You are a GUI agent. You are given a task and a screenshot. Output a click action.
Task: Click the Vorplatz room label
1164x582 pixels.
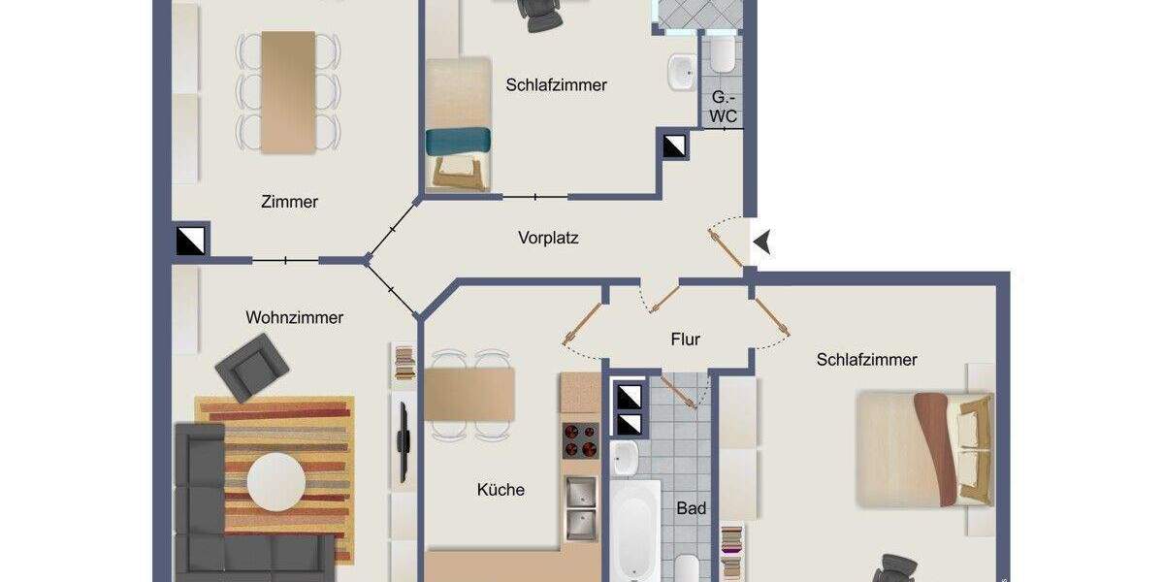click(548, 237)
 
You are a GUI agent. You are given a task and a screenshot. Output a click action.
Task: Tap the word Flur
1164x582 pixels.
click(685, 339)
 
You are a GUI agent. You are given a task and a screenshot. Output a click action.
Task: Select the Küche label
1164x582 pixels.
click(501, 490)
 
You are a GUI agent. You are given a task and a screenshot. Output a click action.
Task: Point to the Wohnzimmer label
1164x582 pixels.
click(294, 317)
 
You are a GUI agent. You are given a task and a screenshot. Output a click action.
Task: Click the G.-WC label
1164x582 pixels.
click(723, 107)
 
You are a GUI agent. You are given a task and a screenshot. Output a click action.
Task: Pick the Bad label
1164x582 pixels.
click(691, 508)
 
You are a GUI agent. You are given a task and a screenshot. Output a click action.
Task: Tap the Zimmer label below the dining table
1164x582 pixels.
click(289, 202)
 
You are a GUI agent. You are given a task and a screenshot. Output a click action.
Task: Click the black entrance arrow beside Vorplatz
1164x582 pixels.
click(762, 242)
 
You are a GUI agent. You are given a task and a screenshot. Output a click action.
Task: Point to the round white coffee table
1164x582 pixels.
click(276, 480)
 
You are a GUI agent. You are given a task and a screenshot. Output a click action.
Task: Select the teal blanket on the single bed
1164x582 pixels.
click(459, 142)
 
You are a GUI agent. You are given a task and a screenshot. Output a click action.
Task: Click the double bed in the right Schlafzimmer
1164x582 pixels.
click(923, 449)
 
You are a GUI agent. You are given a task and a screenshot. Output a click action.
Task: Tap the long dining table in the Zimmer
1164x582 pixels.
click(288, 91)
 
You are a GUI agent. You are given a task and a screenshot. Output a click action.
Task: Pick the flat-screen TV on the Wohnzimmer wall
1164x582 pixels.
click(403, 442)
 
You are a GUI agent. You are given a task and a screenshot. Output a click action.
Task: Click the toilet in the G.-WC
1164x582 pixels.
click(722, 55)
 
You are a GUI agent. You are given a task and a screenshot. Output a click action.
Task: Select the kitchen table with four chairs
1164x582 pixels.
click(469, 394)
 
